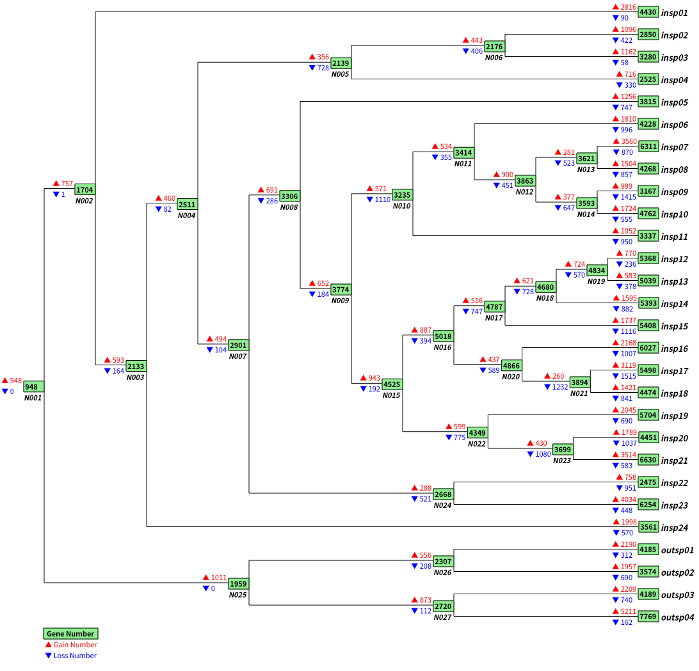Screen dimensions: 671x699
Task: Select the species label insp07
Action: click(675, 147)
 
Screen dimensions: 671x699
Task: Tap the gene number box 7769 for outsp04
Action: click(648, 617)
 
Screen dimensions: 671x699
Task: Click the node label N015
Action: click(391, 395)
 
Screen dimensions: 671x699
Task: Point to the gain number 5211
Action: click(629, 612)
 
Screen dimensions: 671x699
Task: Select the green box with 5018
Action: click(443, 336)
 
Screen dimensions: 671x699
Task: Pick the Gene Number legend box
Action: click(70, 633)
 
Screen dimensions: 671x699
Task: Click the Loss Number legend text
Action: click(75, 656)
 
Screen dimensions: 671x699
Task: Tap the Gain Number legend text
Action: click(75, 645)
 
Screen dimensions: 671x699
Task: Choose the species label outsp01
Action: click(677, 550)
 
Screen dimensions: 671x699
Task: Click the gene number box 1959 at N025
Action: click(238, 583)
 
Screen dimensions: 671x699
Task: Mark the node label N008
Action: click(289, 207)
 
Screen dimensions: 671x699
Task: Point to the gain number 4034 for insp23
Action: click(629, 500)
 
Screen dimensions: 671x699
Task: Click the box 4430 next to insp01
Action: click(648, 13)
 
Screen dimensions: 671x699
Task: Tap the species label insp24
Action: click(675, 528)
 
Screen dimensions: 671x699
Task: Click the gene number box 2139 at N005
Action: click(341, 63)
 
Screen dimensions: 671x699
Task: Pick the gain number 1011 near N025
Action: click(219, 578)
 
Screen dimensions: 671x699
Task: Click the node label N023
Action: click(561, 461)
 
